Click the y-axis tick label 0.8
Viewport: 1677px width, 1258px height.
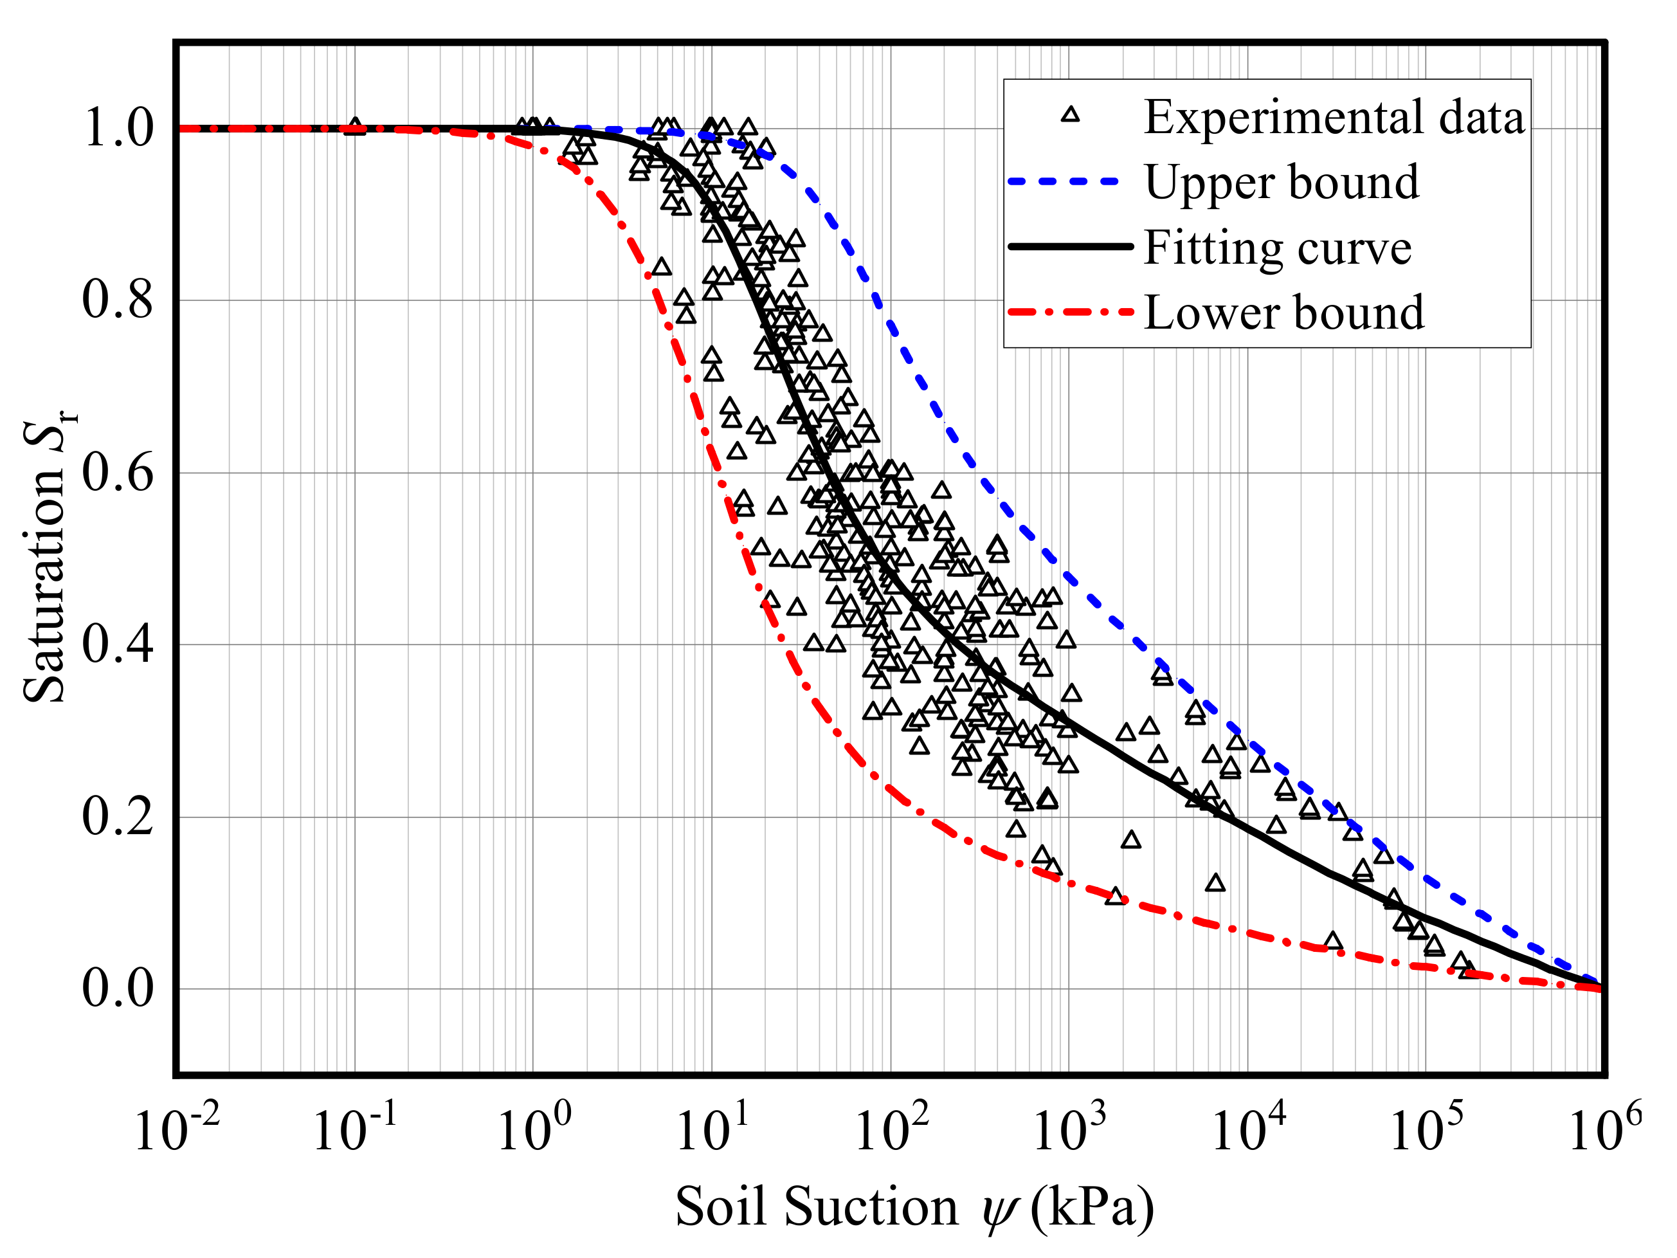[118, 300]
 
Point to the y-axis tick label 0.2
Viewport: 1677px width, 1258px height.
[118, 817]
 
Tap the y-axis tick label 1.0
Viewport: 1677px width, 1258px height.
[118, 127]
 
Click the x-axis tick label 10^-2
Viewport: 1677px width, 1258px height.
[176, 1130]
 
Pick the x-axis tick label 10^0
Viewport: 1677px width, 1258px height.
[533, 1130]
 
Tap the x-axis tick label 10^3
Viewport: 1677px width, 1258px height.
[1069, 1130]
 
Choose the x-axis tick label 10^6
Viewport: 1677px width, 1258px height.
[1604, 1130]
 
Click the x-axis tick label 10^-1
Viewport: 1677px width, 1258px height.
[354, 1130]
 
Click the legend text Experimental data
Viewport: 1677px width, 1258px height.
[1334, 118]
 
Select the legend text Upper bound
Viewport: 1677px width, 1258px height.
[1282, 183]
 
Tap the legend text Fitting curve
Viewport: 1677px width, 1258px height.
[1278, 248]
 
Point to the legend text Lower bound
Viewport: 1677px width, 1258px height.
[1283, 313]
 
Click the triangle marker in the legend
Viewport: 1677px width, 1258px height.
[1070, 115]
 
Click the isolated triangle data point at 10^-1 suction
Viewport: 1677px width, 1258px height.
[355, 127]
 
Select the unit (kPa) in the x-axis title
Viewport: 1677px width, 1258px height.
[1092, 1207]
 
